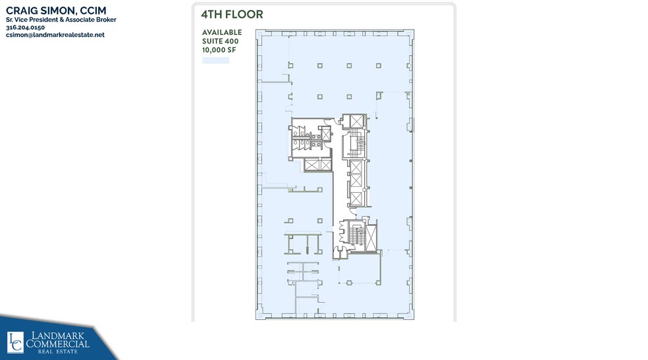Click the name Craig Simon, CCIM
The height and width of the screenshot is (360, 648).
55,11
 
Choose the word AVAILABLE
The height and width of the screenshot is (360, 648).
221,32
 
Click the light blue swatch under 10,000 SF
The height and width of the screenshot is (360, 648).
215,61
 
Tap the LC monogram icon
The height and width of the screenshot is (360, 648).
15,342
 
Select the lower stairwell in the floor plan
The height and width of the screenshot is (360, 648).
358,235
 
